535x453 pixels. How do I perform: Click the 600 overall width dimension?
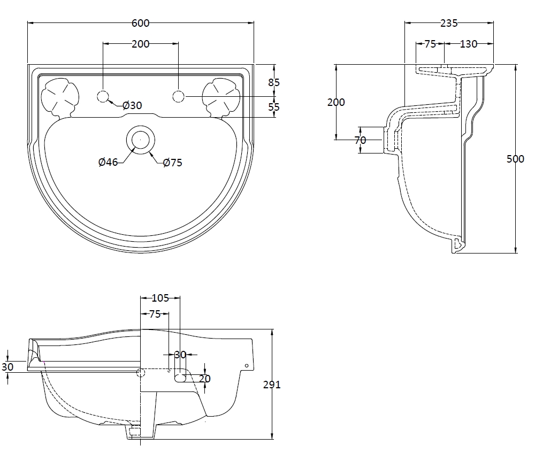140,23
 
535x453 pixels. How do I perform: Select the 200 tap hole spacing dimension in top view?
140,44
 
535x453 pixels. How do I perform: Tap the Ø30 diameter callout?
132,105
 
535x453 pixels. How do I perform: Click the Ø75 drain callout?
172,163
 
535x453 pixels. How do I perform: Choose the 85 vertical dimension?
274,82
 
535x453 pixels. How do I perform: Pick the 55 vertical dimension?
274,107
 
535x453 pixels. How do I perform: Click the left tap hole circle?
103,96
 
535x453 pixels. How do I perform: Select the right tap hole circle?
178,96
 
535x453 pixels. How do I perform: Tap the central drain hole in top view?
140,139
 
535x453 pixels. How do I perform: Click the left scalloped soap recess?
59,97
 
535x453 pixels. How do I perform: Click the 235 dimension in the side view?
448,23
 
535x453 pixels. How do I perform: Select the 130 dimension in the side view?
468,44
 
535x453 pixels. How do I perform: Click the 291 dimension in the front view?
272,384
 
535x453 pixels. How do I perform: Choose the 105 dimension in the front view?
160,298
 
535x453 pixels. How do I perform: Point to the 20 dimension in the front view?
204,379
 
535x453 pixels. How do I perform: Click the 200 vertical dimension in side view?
336,102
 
